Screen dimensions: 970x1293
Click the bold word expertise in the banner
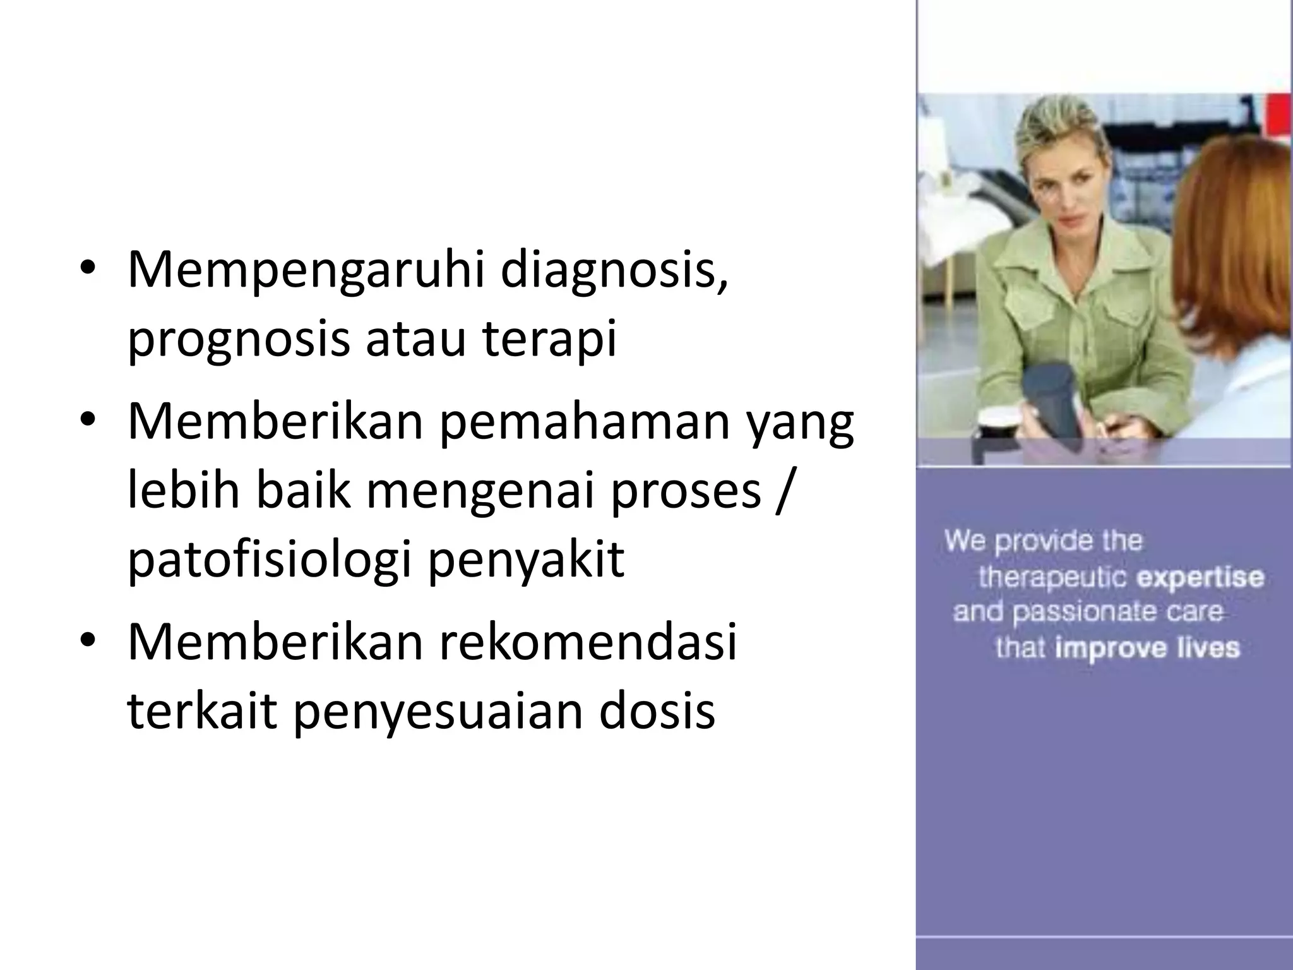(1200, 577)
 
